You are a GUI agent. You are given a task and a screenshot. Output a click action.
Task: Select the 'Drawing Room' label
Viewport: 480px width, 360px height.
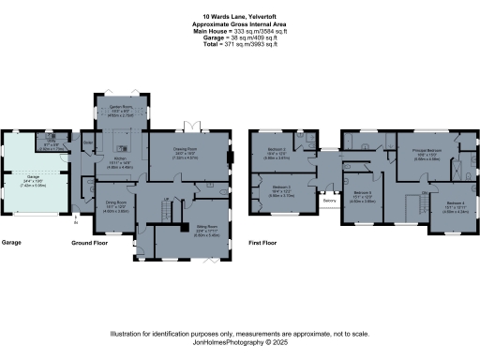tap(183, 149)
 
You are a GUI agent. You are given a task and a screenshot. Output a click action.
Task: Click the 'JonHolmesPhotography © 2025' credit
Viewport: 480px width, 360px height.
tap(239, 341)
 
